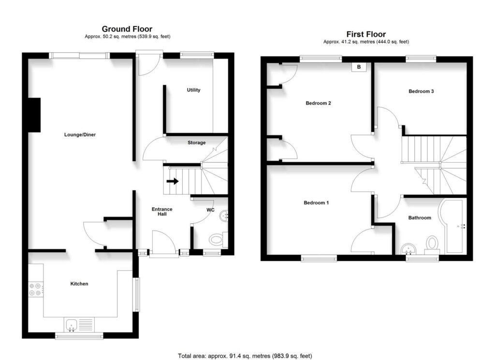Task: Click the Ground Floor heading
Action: point(127,29)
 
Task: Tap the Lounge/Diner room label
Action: point(80,135)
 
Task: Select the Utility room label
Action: point(193,90)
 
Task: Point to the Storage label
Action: point(196,143)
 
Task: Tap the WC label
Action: point(211,210)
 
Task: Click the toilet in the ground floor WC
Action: point(217,239)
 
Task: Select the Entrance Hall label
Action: point(162,212)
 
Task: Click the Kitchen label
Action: point(79,284)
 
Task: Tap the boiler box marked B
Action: point(359,67)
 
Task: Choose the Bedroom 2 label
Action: point(318,103)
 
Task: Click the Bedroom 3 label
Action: point(421,91)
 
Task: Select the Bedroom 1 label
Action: point(316,202)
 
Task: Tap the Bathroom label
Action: point(419,218)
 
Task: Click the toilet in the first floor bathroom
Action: point(432,243)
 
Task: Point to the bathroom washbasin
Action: point(409,248)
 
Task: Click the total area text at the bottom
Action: point(245,356)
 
